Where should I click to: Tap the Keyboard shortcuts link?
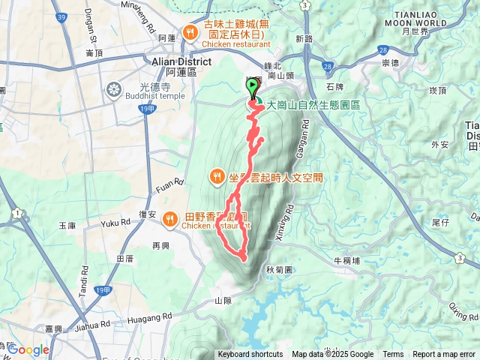250,355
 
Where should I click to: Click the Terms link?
392,355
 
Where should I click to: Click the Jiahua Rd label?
93,325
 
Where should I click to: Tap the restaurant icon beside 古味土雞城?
191,32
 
